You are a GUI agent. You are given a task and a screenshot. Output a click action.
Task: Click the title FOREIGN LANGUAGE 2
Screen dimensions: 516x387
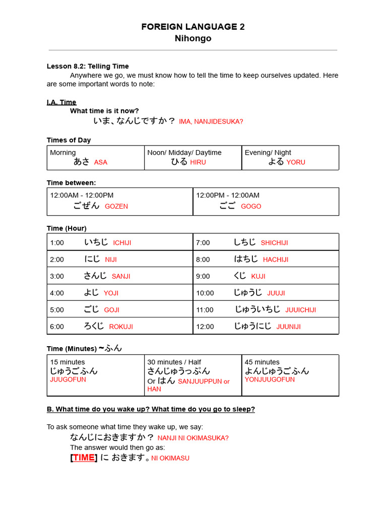(193, 27)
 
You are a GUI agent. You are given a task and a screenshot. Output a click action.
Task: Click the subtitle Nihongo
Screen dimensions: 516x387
(193, 39)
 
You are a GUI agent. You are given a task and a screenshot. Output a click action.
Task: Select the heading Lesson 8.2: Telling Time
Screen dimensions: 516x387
(88, 66)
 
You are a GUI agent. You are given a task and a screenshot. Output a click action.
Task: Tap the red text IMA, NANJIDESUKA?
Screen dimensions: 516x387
(211, 121)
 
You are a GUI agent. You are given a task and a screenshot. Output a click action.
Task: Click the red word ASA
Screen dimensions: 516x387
(101, 162)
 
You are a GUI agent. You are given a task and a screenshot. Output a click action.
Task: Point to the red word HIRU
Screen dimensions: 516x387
(198, 162)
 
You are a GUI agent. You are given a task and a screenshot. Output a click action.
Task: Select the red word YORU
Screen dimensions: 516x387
(296, 162)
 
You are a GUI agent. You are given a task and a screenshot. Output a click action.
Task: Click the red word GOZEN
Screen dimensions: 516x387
(116, 206)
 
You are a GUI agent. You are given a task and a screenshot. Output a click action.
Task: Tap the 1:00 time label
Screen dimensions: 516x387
(57, 243)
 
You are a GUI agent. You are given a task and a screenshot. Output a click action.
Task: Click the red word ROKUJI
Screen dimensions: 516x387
(121, 327)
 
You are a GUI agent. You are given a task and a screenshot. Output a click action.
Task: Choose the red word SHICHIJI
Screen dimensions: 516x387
(275, 243)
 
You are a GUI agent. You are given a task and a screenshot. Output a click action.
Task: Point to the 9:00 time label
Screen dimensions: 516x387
(203, 276)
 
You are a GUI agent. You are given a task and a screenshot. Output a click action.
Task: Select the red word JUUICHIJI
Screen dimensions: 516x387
(301, 310)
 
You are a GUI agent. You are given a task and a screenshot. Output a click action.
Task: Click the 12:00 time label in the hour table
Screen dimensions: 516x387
(205, 327)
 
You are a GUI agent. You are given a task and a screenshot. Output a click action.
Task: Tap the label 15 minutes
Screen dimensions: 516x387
(68, 362)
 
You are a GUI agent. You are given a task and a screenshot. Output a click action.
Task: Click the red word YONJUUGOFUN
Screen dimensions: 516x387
(270, 379)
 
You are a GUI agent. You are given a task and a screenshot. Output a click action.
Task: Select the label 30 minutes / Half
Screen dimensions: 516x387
(174, 362)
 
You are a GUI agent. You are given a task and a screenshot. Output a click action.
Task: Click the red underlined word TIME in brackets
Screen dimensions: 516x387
(84, 458)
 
